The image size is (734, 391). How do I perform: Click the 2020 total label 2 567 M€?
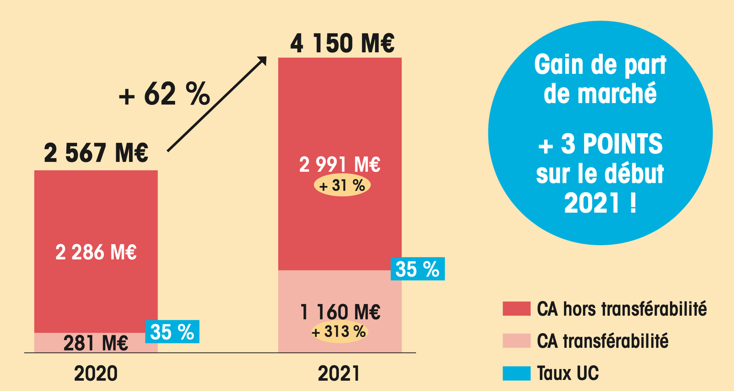[96, 153]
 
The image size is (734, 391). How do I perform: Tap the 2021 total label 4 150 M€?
[342, 44]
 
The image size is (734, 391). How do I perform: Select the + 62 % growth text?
[164, 94]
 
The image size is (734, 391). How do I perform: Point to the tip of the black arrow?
[265, 58]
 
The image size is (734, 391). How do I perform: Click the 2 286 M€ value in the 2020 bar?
[96, 253]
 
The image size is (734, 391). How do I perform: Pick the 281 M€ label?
[96, 343]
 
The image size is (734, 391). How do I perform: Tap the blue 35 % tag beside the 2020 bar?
[172, 331]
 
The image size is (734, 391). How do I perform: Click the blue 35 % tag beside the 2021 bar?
[417, 269]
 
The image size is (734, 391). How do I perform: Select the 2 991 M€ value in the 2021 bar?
[339, 164]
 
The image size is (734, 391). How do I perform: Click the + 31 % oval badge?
[342, 186]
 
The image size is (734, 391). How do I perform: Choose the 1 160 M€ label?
[340, 312]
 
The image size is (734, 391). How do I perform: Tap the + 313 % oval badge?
[339, 331]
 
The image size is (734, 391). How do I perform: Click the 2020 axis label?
[96, 374]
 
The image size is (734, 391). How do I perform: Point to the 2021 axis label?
[339, 374]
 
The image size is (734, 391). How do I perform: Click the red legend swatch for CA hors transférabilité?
[517, 308]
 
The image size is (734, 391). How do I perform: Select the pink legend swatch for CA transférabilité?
[517, 341]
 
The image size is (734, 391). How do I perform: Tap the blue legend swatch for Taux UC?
[517, 373]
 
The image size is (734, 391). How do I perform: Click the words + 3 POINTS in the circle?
[600, 144]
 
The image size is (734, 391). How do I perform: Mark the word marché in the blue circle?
[617, 94]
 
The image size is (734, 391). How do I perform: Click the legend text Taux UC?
[568, 373]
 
